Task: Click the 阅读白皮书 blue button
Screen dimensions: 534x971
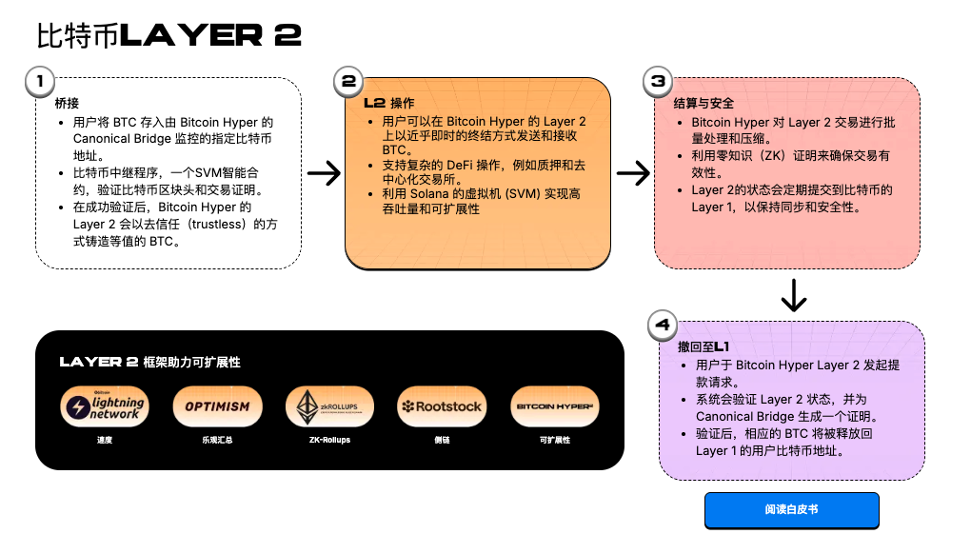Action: pos(791,510)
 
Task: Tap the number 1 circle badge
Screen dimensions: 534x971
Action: pos(39,82)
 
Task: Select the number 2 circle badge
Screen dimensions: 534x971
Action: pos(349,82)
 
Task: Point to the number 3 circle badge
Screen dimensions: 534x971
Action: pos(659,82)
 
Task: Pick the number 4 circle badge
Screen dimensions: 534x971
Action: pos(664,326)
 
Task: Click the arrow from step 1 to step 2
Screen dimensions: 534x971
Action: pos(325,173)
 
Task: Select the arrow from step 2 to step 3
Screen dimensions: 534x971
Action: pos(633,173)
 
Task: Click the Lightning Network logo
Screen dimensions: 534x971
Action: pos(104,406)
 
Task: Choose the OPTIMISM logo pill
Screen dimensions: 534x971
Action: pos(217,406)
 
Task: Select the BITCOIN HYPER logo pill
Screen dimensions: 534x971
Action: pos(554,406)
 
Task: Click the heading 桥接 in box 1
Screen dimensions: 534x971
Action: pos(67,103)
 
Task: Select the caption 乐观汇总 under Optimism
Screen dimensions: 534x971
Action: pos(217,441)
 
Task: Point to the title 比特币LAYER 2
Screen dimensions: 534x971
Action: pos(168,35)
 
